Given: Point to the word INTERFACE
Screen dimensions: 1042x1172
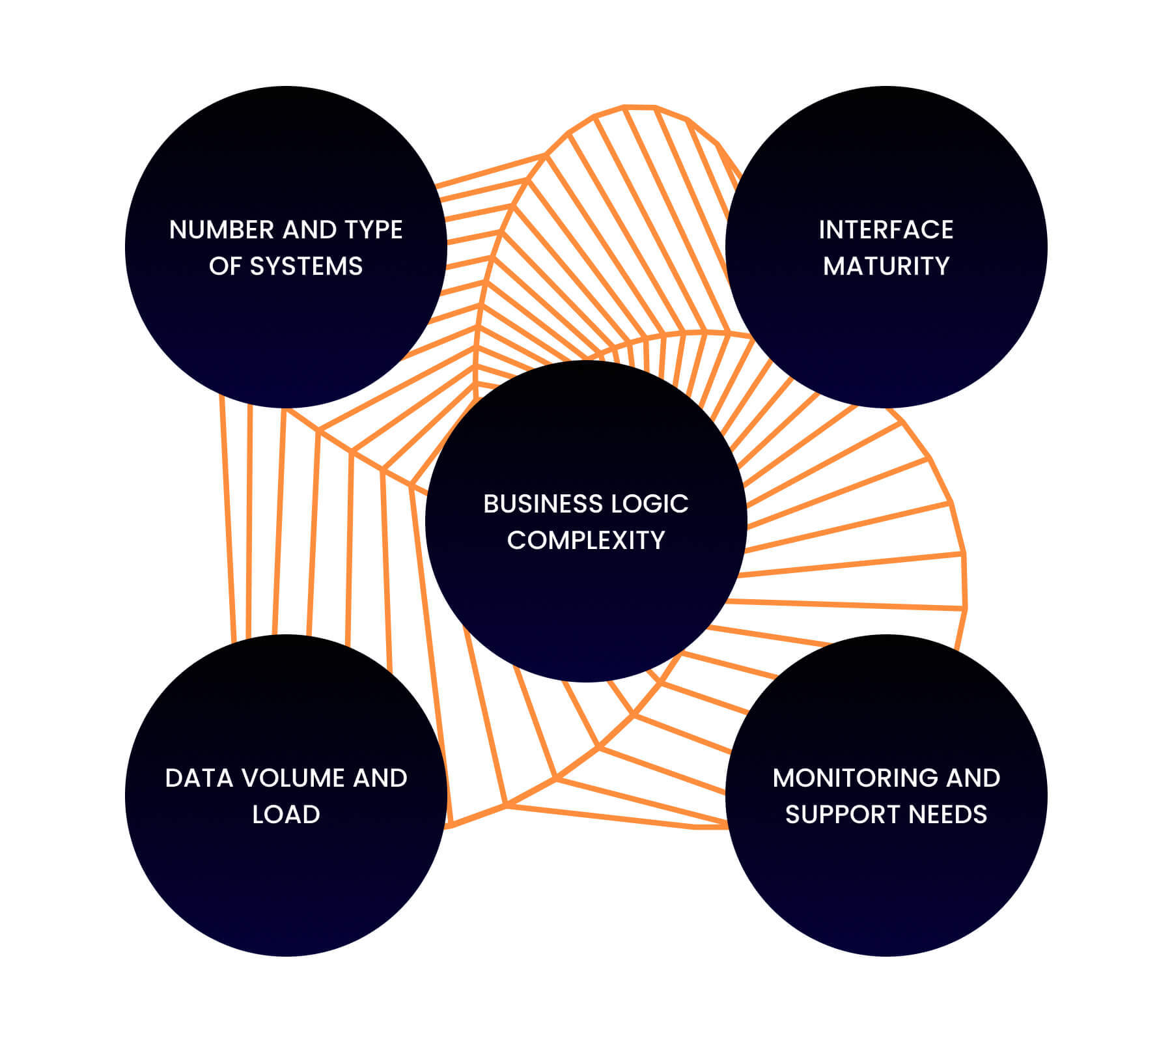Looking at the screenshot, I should pyautogui.click(x=886, y=230).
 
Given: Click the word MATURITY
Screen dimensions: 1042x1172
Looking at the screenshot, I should pyautogui.click(x=886, y=266).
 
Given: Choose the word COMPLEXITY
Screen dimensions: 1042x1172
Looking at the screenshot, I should pyautogui.click(x=586, y=541).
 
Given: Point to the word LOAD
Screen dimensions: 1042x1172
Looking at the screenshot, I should pyautogui.click(x=286, y=815).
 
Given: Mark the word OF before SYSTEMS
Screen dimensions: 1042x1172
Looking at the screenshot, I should pyautogui.click(x=225, y=266).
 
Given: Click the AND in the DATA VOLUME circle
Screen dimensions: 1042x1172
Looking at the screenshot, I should pyautogui.click(x=380, y=778).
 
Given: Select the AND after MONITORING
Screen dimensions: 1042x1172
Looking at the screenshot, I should pyautogui.click(x=973, y=778).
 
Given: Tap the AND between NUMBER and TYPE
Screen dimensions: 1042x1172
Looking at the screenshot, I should pyautogui.click(x=309, y=230).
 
